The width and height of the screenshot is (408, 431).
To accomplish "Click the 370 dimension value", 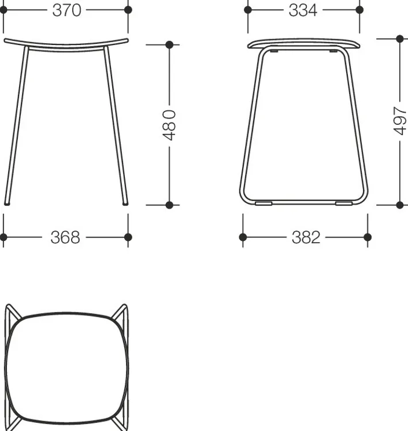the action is click(66, 10).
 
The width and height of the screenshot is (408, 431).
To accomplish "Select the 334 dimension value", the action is click(303, 10).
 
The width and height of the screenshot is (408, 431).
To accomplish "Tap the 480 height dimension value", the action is click(169, 125).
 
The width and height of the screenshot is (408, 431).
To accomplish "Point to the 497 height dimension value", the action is click(400, 121).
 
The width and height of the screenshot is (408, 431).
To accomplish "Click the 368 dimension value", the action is click(65, 237).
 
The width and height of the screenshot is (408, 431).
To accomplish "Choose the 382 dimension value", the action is click(306, 237).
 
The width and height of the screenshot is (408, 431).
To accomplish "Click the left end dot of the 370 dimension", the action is click(3, 10).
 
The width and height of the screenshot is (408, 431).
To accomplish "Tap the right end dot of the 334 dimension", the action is click(359, 10).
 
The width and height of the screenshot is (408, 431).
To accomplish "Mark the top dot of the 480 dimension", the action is click(169, 44).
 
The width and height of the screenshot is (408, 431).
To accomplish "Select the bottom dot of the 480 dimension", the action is click(169, 205).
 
